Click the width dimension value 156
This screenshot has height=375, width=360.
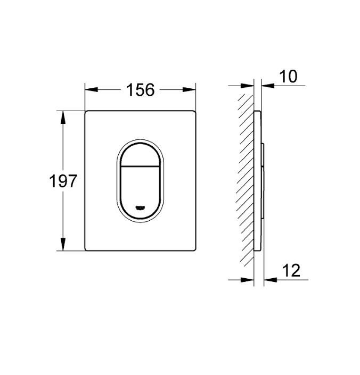click(x=140, y=90)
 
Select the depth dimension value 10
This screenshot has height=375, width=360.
click(x=288, y=77)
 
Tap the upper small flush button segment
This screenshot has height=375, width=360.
click(x=141, y=154)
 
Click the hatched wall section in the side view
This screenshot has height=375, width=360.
click(x=246, y=181)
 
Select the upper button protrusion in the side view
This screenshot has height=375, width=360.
click(x=263, y=154)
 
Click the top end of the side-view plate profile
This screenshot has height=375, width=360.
click(x=258, y=112)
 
